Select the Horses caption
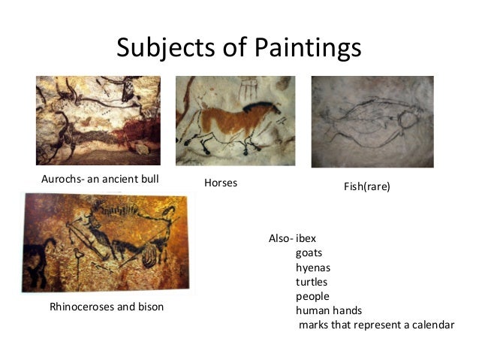click(220, 183)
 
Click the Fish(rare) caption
click(367, 185)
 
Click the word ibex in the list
click(306, 238)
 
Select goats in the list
click(309, 253)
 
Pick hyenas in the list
click(313, 268)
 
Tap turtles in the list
click(312, 282)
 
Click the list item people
click(312, 296)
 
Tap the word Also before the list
click(279, 238)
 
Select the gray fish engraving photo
click(372, 122)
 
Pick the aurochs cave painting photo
click(98, 120)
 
